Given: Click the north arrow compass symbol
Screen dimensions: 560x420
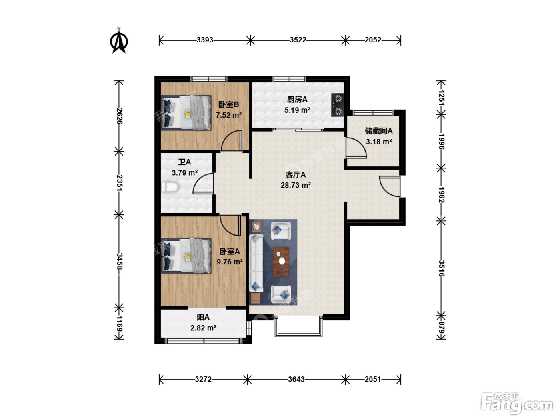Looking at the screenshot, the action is (119, 41).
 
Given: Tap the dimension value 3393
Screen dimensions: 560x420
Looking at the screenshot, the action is (205, 40).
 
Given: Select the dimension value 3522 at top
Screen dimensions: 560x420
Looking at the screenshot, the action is (298, 40).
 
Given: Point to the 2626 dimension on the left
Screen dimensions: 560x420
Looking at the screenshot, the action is (119, 116).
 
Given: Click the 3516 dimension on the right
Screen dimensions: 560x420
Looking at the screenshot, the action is (441, 268).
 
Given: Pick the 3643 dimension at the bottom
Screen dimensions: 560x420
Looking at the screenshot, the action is (296, 380).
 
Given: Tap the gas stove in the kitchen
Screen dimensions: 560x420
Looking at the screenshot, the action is (338, 105).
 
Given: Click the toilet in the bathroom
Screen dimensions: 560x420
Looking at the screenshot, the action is (170, 187).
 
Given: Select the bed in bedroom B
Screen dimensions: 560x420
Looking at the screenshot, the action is (186, 113).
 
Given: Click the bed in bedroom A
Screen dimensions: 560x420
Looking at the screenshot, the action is (186, 256).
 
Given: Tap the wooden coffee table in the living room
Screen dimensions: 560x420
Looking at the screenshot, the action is (281, 262).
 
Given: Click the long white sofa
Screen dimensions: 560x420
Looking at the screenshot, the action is (256, 263).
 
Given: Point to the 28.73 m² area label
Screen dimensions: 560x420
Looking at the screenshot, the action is (296, 185).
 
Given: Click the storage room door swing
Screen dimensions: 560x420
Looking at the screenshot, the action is (355, 148).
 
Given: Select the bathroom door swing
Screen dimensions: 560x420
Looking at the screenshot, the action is (203, 184).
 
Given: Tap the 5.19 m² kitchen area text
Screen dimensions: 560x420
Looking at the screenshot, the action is (297, 110).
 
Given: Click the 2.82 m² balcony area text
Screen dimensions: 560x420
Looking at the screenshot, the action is (203, 328).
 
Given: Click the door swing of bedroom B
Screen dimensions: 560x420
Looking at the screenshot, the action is (231, 140).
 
